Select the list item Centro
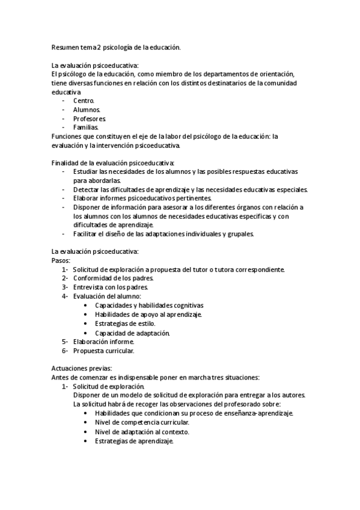tap(84, 100)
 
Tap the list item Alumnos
tap(87, 109)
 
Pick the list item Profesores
tap(90, 118)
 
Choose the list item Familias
tap(86, 127)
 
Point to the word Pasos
tap(61, 260)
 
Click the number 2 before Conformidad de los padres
tap(64, 278)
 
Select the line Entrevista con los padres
tap(106, 287)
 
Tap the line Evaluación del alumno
tap(107, 296)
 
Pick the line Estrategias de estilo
tap(125, 324)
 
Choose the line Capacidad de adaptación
tap(132, 333)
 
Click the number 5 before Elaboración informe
tap(64, 342)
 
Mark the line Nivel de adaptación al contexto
tap(142, 432)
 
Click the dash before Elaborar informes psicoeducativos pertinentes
tap(64, 198)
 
